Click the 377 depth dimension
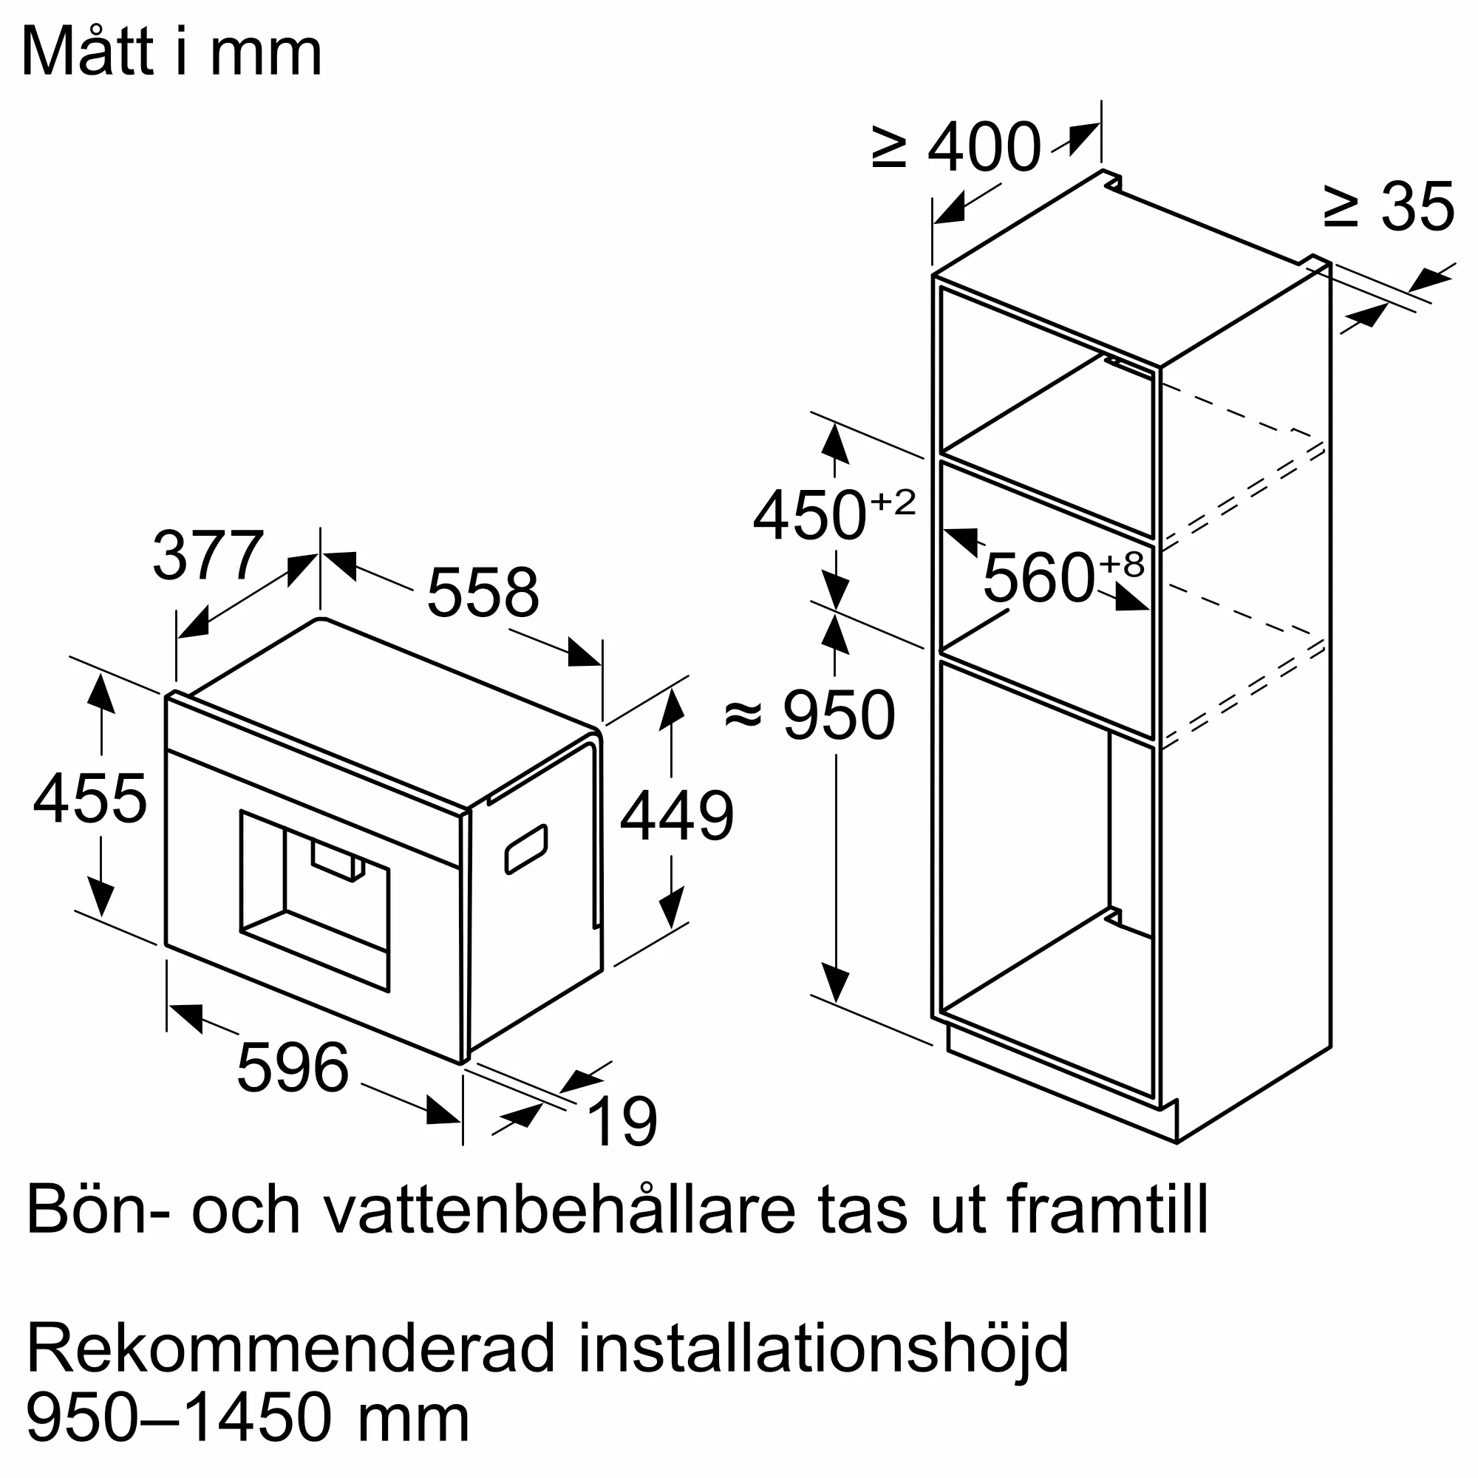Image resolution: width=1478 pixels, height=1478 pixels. coord(208,556)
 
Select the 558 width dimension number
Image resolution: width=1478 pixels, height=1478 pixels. coord(483,593)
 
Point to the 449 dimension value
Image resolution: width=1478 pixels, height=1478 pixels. coord(676,817)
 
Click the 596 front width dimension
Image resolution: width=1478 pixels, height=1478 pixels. coord(292,1067)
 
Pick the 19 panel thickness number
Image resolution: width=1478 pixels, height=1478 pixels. coord(623,1123)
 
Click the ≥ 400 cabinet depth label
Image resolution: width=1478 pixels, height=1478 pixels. coord(957,147)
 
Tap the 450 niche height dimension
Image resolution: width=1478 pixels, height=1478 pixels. coord(809,516)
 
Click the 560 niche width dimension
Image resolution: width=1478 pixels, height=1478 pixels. coord(1038,579)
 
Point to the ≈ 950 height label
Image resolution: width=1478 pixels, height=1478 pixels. coord(809,715)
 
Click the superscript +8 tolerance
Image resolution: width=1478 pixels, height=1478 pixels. coord(1122,564)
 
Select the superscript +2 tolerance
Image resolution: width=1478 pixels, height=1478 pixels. coord(893,502)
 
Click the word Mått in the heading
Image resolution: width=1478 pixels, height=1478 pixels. coord(88,52)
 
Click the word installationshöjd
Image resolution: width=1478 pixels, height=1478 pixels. coord(823,1349)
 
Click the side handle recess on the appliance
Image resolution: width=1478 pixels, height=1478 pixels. coord(526,849)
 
